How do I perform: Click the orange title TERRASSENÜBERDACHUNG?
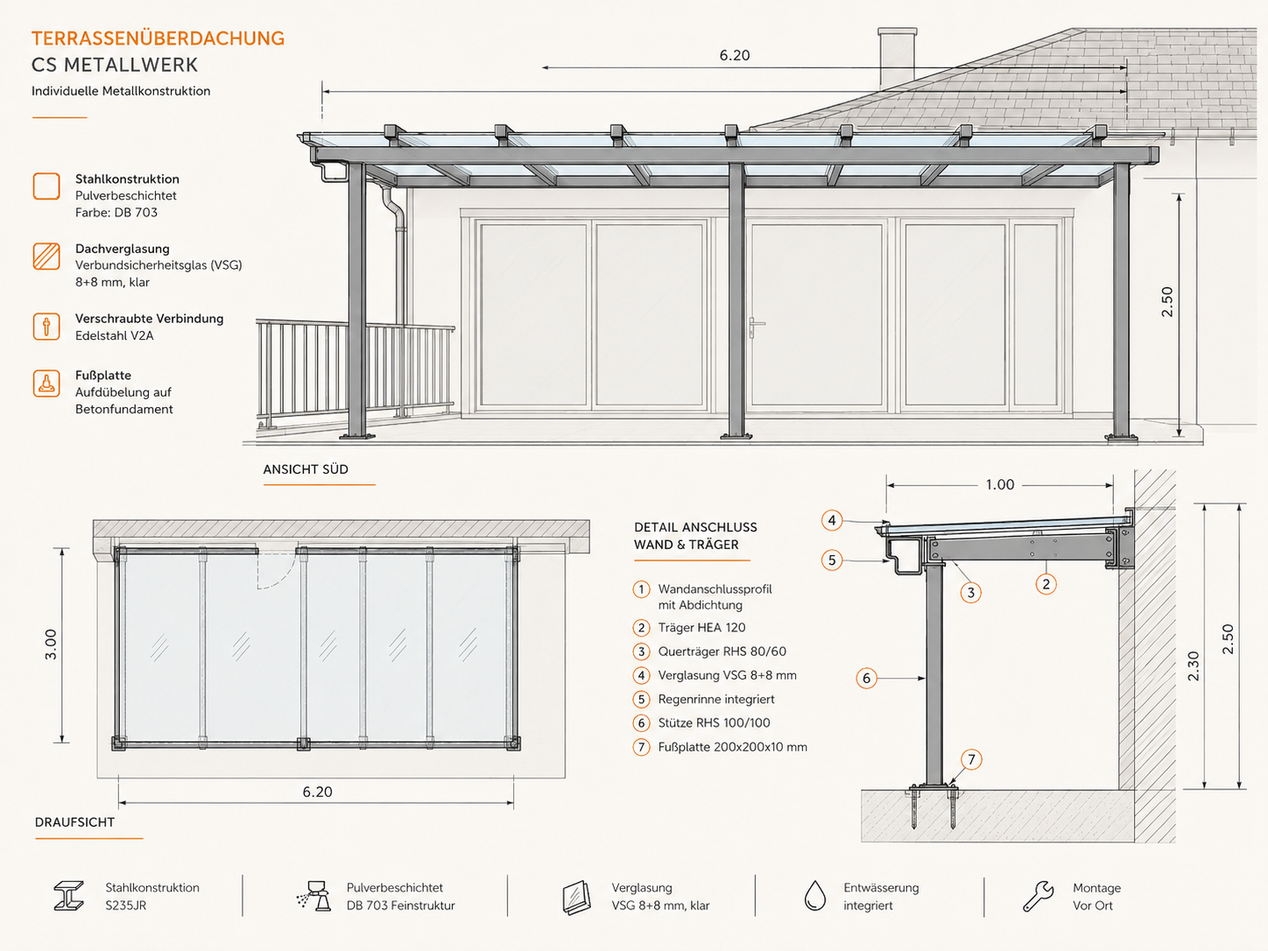158,39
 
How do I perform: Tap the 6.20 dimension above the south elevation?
734,55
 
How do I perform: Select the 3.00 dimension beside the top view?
51,645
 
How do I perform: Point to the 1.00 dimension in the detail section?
999,484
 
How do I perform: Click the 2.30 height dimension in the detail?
1194,666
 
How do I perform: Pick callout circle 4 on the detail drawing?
832,520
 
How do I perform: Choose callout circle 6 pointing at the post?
867,678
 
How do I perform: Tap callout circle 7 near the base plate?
971,759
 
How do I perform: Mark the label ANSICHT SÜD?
306,469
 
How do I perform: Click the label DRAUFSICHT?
74,822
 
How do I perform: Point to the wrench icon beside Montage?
1038,896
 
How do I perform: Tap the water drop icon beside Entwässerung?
815,896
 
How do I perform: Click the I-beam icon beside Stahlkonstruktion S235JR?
69,896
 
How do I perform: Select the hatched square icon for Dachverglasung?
46,257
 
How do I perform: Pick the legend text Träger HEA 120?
701,628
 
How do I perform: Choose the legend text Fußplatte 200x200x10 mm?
732,747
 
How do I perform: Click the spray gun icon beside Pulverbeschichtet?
314,896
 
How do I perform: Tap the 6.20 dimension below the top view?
317,792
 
